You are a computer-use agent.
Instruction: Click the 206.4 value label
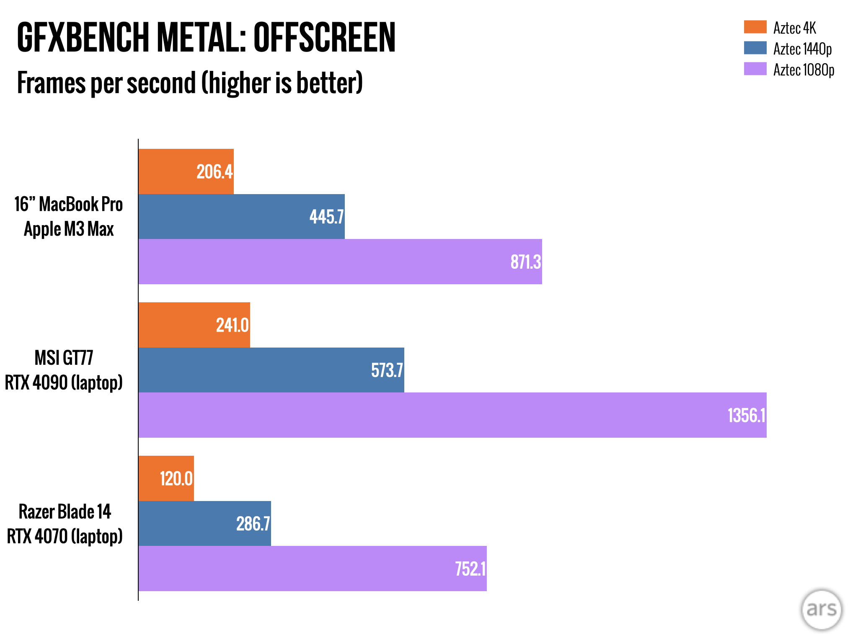[214, 172]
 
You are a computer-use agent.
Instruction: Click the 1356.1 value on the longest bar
[746, 415]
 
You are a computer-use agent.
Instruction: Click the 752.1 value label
[470, 569]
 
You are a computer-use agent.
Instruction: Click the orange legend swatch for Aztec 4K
[755, 27]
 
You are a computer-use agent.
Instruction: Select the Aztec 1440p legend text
[802, 49]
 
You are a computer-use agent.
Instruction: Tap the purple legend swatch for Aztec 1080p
[755, 69]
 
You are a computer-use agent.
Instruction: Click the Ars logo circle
[821, 609]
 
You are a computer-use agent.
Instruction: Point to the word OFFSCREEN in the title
[324, 38]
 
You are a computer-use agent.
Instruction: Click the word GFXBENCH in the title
[83, 38]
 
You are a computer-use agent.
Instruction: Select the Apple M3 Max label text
[69, 229]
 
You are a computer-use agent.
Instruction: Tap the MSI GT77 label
[64, 358]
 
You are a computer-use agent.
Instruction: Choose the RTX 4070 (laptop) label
[65, 536]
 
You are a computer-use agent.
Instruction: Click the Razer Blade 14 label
[65, 512]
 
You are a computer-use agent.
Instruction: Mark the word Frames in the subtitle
[52, 83]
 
